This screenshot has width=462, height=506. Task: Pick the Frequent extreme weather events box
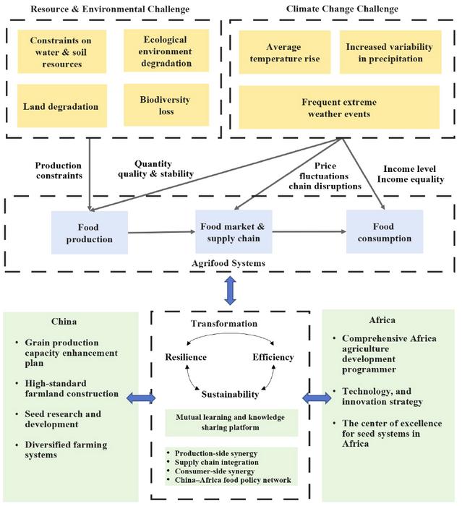click(x=338, y=108)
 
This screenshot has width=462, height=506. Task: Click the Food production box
click(x=90, y=233)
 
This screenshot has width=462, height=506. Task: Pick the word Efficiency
click(x=273, y=357)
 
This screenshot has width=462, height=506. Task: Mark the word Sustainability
click(x=229, y=394)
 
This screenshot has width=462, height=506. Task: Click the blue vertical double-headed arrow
click(x=231, y=293)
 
